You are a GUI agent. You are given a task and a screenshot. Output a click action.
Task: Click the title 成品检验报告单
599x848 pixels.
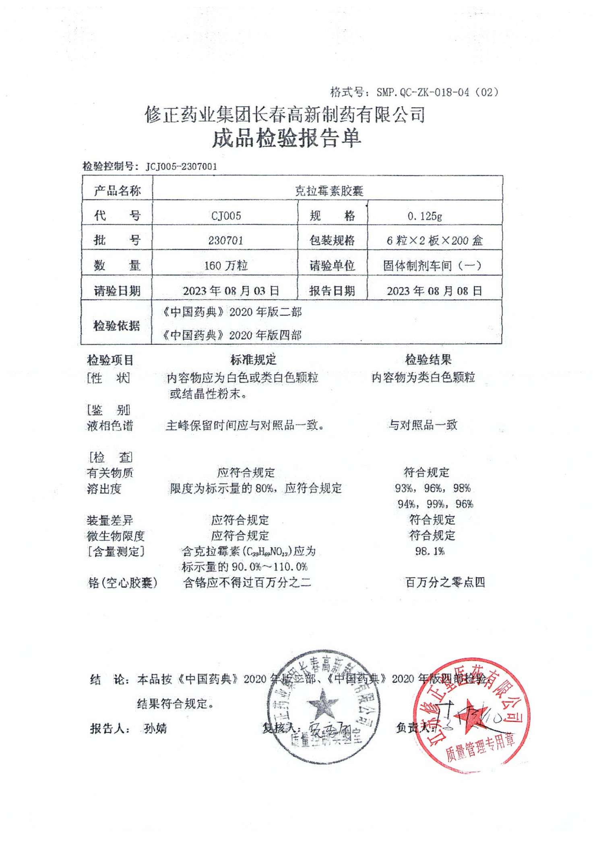click(286, 138)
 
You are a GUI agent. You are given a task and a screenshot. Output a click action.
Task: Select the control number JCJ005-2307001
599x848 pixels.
click(181, 167)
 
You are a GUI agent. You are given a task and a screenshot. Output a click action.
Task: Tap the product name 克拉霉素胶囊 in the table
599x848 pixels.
click(329, 191)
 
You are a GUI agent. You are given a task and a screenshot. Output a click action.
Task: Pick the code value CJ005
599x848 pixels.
click(226, 216)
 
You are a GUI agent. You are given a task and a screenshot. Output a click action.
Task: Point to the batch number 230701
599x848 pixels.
click(225, 241)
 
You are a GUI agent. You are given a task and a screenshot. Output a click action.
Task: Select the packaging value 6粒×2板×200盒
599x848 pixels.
click(434, 241)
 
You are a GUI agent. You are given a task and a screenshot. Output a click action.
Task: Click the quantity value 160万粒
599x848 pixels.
click(226, 266)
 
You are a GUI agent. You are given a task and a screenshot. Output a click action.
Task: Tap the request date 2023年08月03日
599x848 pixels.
click(231, 291)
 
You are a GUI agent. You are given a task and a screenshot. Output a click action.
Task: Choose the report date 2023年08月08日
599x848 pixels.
click(434, 291)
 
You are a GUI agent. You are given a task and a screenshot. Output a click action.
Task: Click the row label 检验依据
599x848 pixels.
click(116, 326)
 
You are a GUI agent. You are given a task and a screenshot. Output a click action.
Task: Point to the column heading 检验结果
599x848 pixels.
click(428, 360)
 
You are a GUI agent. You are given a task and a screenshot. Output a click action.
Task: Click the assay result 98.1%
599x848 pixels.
click(430, 551)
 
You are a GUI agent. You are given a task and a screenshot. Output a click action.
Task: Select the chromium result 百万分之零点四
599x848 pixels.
click(445, 582)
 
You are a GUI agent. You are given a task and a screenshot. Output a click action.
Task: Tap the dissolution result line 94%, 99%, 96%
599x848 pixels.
click(435, 504)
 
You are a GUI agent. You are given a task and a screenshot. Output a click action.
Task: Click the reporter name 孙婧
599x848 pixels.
click(155, 728)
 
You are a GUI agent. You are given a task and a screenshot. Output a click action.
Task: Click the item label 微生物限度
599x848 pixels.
click(116, 536)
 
